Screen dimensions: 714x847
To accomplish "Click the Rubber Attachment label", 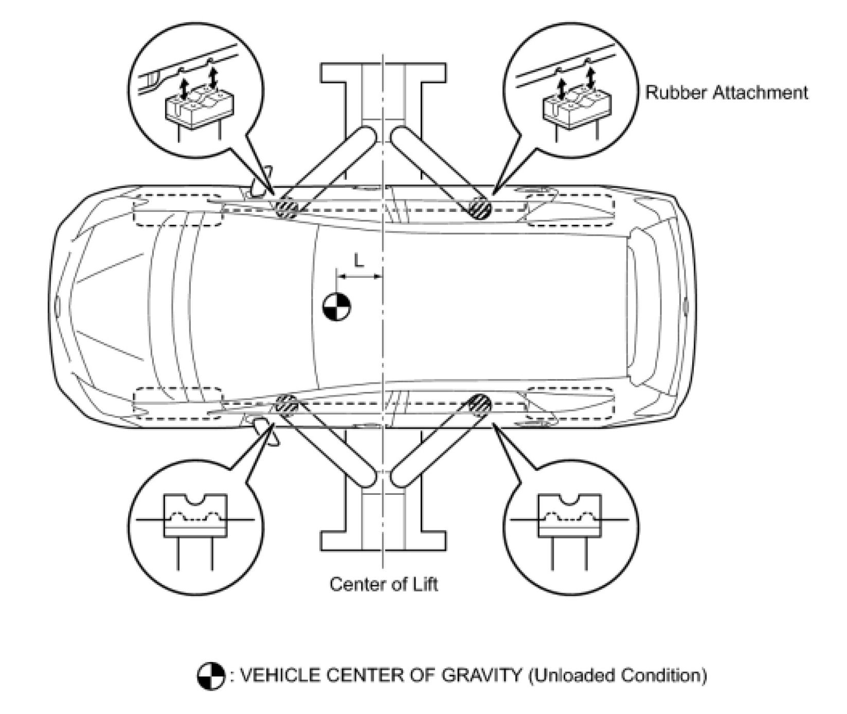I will click(726, 93).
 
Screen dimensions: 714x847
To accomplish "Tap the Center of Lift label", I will click(384, 584).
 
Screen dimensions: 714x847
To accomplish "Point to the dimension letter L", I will click(359, 261).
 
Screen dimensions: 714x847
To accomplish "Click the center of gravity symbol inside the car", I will click(337, 307).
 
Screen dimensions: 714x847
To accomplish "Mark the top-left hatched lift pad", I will click(286, 207).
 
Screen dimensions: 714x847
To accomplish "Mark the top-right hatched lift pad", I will click(480, 208).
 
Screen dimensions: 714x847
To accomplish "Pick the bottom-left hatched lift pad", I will click(286, 405).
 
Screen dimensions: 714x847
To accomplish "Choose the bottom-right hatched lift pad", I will click(480, 404).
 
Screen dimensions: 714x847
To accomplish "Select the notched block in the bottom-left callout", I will click(195, 516).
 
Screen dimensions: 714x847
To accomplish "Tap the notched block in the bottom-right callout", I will click(569, 516).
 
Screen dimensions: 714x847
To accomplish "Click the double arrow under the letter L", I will click(359, 277).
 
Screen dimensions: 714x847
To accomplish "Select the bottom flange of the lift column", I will click(384, 540).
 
